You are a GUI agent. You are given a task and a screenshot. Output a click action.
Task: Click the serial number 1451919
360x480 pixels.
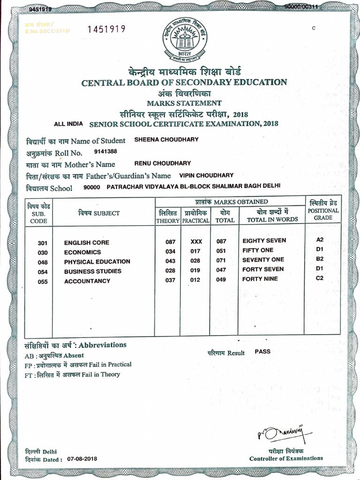point(106,29)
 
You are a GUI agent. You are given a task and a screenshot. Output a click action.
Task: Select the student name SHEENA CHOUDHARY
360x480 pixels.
point(166,140)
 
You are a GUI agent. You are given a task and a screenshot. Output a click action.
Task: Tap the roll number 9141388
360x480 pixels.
point(105,151)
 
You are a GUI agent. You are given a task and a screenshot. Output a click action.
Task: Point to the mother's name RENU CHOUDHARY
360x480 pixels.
point(163,163)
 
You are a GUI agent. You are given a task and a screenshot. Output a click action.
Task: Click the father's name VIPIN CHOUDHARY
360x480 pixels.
point(206,175)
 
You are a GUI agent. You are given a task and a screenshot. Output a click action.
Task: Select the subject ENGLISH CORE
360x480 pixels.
point(87,242)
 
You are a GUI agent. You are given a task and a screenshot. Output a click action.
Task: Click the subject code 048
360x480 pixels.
point(43,262)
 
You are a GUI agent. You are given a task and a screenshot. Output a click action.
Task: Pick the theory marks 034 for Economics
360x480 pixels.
point(170,252)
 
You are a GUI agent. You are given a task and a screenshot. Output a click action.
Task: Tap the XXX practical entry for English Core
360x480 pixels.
point(196,242)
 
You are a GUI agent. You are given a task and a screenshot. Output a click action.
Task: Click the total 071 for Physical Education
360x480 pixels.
point(221,261)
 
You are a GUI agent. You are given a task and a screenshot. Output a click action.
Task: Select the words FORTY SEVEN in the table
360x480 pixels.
point(263,269)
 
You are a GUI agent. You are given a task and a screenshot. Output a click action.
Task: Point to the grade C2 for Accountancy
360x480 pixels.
point(320,278)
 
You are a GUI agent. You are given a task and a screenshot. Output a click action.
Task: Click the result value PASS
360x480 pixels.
point(262,351)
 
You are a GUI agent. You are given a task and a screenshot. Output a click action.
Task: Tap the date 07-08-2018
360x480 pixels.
point(82,458)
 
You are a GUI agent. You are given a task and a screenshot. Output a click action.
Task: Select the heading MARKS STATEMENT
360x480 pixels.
point(184,103)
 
